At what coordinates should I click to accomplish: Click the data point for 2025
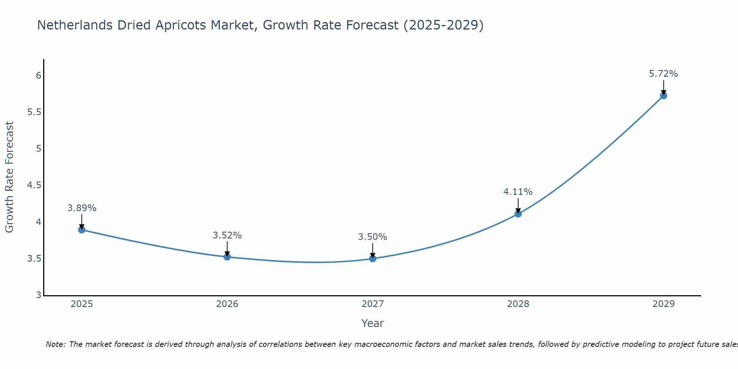pyautogui.click(x=82, y=230)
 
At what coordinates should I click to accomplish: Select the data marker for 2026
pyautogui.click(x=227, y=257)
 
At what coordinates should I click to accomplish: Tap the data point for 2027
pyautogui.click(x=373, y=259)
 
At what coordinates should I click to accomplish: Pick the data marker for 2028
pyautogui.click(x=518, y=214)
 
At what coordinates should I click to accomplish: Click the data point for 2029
pyautogui.click(x=663, y=96)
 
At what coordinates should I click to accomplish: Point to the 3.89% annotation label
pyautogui.click(x=82, y=208)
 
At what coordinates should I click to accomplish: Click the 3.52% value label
pyautogui.click(x=227, y=235)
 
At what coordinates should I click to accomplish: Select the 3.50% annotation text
pyautogui.click(x=373, y=237)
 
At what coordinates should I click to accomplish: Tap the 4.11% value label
pyautogui.click(x=518, y=192)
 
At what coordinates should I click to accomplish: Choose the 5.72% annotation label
pyautogui.click(x=663, y=74)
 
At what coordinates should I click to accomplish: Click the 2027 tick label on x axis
pyautogui.click(x=373, y=304)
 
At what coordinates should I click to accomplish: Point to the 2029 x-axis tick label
pyautogui.click(x=663, y=304)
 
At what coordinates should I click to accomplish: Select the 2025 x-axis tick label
pyautogui.click(x=82, y=304)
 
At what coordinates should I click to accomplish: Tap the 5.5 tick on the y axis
pyautogui.click(x=34, y=112)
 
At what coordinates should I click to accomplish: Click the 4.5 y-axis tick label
pyautogui.click(x=34, y=185)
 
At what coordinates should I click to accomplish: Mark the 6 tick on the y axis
pyautogui.click(x=38, y=76)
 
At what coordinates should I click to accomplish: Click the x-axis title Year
pyautogui.click(x=373, y=323)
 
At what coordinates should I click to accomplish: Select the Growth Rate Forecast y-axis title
pyautogui.click(x=10, y=177)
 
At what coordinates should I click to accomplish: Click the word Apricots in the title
pyautogui.click(x=180, y=25)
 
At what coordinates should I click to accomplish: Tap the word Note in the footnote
pyautogui.click(x=55, y=344)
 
